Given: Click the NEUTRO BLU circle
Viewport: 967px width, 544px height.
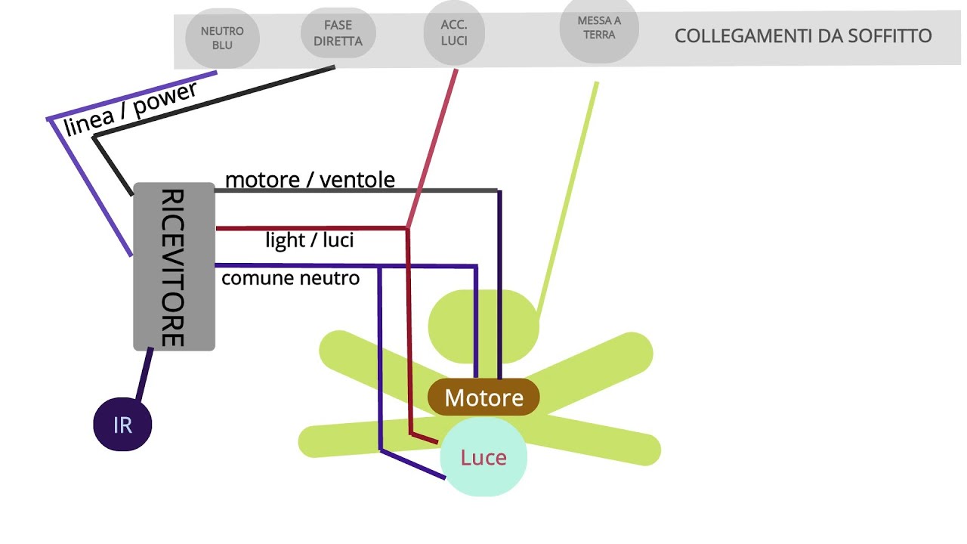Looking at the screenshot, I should click(222, 39).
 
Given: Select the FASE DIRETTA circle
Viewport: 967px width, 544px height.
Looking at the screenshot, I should click(338, 34).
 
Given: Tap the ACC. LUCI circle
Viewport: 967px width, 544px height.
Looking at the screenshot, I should click(454, 33).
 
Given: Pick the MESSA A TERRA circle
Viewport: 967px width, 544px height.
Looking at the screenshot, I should click(599, 28).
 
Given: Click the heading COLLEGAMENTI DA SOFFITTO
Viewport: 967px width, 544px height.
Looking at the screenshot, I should click(803, 36).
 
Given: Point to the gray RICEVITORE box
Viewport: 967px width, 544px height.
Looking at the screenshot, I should click(174, 267).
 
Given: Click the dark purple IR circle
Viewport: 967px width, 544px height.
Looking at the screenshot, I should click(122, 425).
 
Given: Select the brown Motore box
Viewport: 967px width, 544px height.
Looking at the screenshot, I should click(483, 397).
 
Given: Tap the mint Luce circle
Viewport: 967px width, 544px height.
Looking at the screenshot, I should click(483, 458).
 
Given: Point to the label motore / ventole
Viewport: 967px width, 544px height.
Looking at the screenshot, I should click(310, 180).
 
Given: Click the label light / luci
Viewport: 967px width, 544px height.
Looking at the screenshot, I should click(310, 240).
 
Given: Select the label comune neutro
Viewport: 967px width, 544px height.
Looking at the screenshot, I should click(291, 278).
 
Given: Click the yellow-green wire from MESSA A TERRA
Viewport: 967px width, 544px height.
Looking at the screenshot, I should click(567, 196).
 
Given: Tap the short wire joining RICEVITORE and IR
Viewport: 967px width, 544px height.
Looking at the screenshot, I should click(144, 374).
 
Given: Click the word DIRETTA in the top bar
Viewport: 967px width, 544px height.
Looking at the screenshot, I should click(338, 42).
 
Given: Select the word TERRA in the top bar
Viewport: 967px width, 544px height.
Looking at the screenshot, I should click(599, 35).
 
